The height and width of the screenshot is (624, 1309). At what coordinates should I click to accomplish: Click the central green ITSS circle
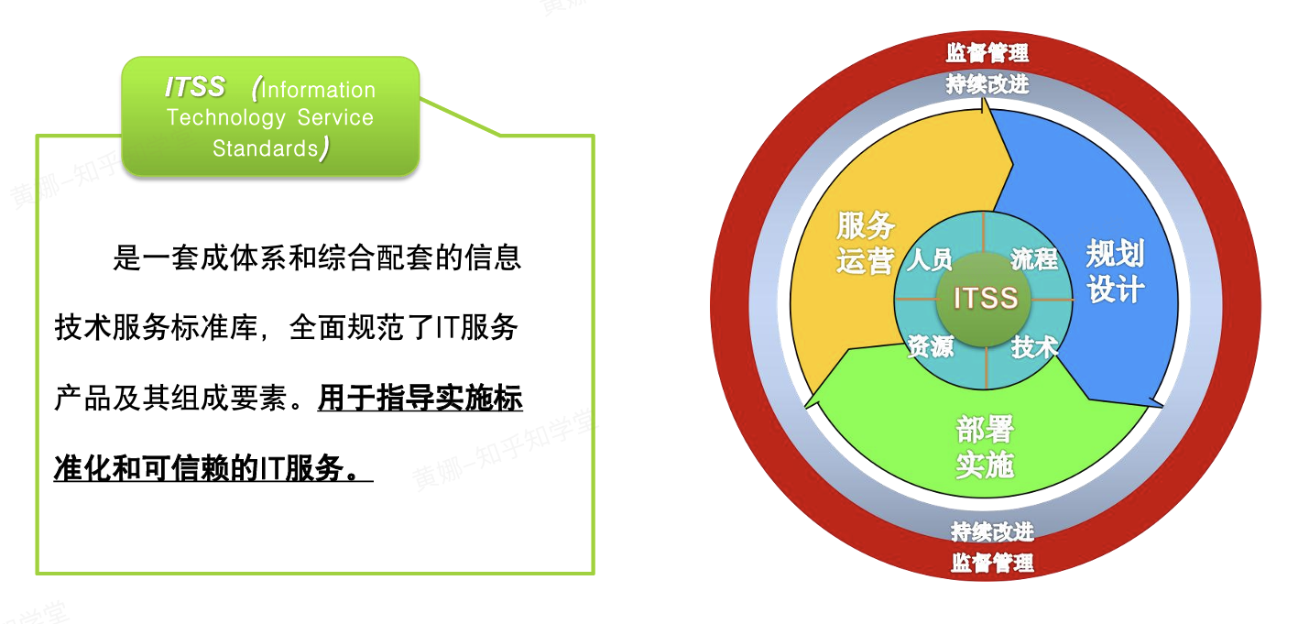tap(984, 300)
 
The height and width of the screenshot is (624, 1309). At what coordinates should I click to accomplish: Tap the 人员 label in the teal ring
tap(929, 259)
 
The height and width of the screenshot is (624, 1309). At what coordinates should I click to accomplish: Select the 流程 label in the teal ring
tap(1034, 259)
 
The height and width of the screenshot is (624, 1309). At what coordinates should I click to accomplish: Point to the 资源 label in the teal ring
tap(931, 346)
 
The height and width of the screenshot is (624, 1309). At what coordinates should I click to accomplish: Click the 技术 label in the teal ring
tap(1034, 346)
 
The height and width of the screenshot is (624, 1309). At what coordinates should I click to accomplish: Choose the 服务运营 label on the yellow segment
tap(866, 243)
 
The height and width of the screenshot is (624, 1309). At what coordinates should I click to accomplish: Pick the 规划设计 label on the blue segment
tap(1115, 271)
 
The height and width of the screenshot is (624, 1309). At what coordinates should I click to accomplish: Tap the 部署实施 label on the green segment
tap(986, 447)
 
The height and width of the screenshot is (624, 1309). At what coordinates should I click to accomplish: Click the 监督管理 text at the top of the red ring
tap(987, 52)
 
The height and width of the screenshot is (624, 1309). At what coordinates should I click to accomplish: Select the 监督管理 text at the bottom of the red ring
tap(992, 563)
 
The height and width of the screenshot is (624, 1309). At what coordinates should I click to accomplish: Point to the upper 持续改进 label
tap(987, 84)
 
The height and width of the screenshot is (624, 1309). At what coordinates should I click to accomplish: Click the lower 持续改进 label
tap(992, 531)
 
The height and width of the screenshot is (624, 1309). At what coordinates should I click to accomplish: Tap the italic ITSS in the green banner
tap(195, 87)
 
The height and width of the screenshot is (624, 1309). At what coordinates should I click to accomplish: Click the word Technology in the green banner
tap(226, 117)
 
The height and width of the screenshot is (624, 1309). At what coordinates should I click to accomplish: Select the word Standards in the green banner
tap(266, 148)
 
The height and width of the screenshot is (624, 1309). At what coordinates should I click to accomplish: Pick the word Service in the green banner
tap(335, 117)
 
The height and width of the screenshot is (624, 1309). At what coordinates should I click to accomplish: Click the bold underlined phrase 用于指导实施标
tap(420, 399)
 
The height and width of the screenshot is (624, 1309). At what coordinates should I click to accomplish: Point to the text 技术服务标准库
tap(156, 327)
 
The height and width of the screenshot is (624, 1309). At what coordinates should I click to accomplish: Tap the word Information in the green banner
tap(318, 90)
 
